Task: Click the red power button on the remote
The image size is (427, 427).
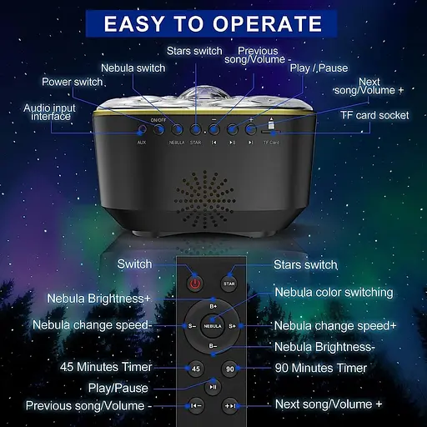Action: (x=195, y=284)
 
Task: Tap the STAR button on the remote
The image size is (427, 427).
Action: (x=231, y=284)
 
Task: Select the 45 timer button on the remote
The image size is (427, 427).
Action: (x=195, y=368)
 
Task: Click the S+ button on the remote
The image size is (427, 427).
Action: (x=233, y=326)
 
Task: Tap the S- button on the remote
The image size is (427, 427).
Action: (x=193, y=326)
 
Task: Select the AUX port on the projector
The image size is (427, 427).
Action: (x=141, y=130)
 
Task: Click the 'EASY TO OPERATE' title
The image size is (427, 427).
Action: (x=213, y=23)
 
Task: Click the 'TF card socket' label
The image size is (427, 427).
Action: (x=374, y=115)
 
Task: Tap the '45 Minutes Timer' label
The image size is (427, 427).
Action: (x=106, y=367)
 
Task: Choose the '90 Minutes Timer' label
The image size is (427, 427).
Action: (x=320, y=367)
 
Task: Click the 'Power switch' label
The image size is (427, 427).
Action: (x=73, y=82)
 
